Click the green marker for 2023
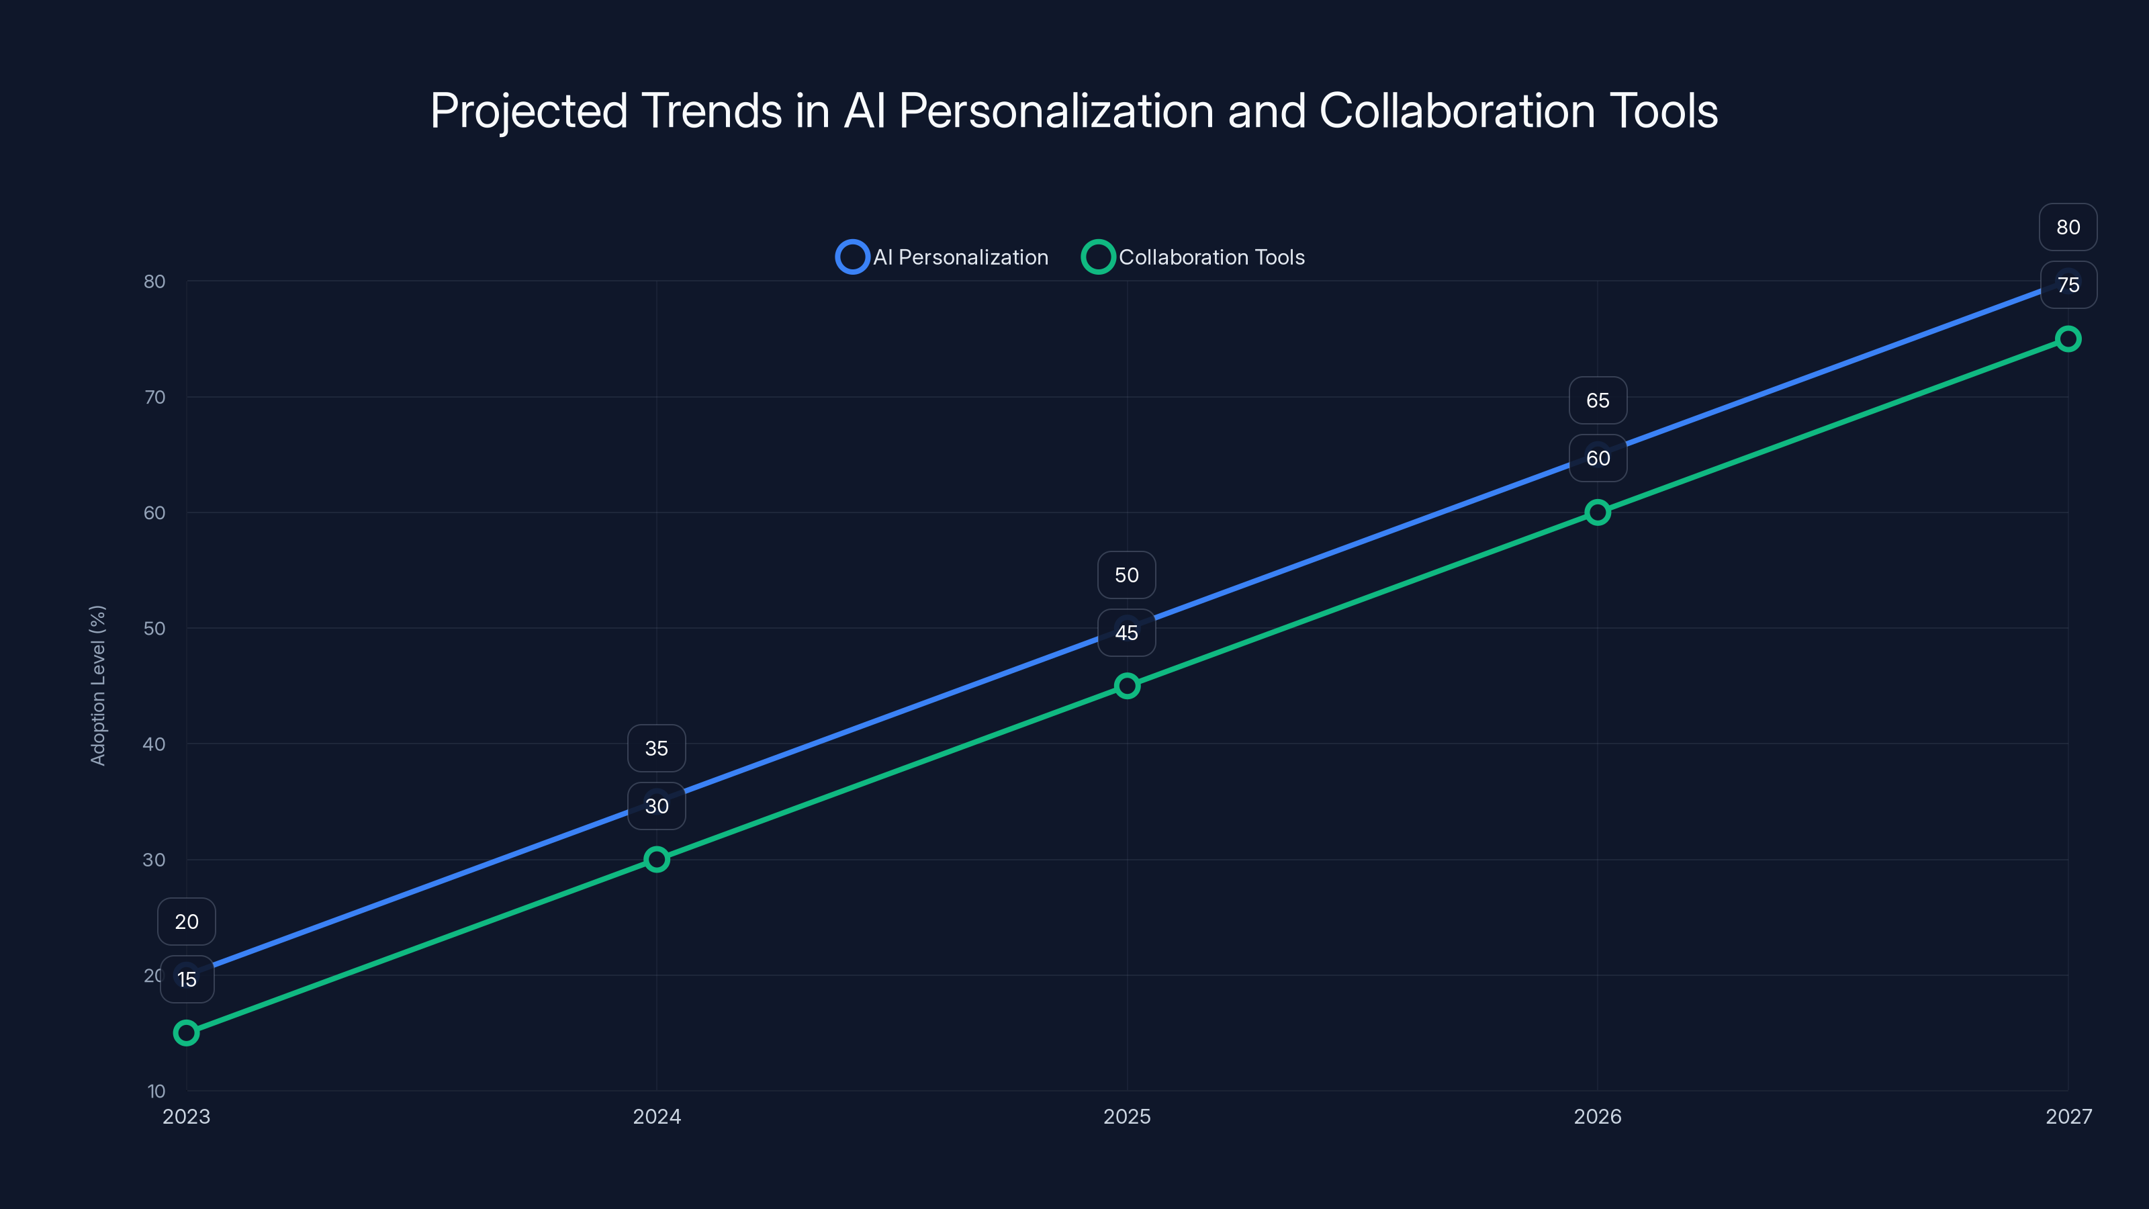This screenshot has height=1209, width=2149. coord(186,1033)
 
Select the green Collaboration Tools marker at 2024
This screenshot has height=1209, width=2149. coord(657,860)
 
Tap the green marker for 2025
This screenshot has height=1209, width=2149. coord(1127,686)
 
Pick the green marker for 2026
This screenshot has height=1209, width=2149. coord(1598,512)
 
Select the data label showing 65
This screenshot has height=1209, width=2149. coord(1598,400)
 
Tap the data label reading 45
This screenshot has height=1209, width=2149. coord(1126,633)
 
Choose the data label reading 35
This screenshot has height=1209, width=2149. coord(657,748)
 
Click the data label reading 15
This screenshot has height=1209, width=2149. coord(187,979)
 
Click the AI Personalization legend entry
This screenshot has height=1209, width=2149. coord(943,257)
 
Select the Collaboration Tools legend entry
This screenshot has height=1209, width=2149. coord(1194,257)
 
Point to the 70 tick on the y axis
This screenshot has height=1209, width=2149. coord(154,397)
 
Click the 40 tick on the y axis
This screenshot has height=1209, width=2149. coord(154,744)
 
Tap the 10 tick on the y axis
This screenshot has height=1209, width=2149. coord(156,1091)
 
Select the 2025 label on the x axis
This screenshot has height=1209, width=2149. coord(1127,1116)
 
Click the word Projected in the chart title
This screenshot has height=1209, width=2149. coord(528,111)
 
